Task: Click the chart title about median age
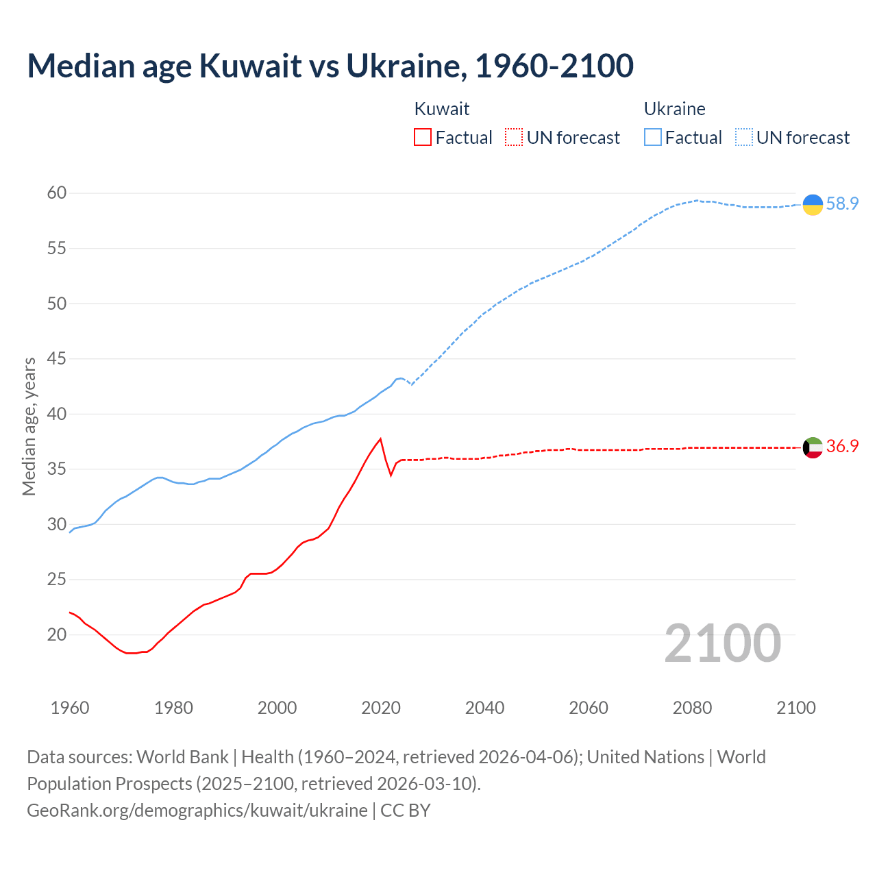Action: point(330,66)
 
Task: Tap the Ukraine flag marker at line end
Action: point(813,204)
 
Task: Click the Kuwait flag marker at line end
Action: point(813,447)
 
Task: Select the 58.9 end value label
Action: point(842,203)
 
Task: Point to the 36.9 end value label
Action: point(842,446)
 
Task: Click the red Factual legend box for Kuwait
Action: point(423,137)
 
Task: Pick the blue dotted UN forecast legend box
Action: point(744,137)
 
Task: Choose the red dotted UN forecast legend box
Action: point(514,137)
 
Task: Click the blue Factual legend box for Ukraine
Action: point(653,137)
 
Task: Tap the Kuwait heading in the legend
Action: point(442,109)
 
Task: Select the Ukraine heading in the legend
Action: point(674,109)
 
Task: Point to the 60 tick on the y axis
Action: point(57,193)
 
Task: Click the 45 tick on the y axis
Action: point(57,358)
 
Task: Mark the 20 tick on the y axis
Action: point(57,634)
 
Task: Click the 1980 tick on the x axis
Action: point(173,708)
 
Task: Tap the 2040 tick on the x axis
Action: point(484,708)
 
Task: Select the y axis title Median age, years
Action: point(29,426)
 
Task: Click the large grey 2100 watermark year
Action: point(723,643)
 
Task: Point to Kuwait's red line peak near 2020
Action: point(380,439)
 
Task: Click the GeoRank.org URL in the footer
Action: point(197,811)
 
